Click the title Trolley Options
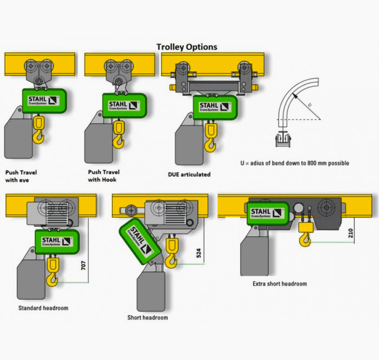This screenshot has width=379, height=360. point(187,47)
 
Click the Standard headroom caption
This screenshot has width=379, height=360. point(43,308)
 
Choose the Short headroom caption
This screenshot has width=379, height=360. point(147,318)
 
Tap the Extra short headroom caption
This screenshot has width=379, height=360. point(280,284)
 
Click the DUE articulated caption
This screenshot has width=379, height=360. point(189,174)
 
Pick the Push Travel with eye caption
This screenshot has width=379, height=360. point(21,175)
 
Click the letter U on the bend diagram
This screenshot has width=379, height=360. point(310,104)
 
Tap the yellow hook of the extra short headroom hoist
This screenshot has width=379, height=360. point(305,235)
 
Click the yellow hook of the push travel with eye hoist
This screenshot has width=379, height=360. point(39,130)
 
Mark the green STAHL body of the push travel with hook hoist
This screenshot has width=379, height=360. point(124,106)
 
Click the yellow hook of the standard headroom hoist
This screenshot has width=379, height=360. point(53,272)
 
